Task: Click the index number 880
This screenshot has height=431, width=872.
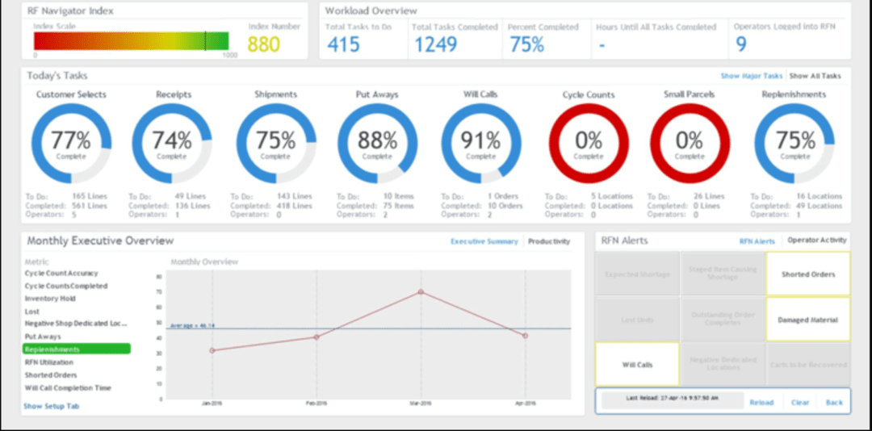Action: [264, 44]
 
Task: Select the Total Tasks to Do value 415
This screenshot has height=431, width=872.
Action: [343, 45]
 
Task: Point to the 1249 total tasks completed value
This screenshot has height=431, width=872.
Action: [435, 45]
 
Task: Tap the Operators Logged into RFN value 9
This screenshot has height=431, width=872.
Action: [741, 45]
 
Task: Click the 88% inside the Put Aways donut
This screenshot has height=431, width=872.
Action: [377, 140]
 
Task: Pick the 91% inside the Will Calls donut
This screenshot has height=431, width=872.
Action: [480, 140]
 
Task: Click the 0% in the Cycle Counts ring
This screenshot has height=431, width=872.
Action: [588, 140]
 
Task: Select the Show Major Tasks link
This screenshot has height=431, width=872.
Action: [751, 76]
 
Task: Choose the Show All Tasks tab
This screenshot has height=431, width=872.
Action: [815, 76]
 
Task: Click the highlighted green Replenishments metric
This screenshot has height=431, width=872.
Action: [76, 349]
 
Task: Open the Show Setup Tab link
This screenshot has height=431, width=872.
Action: [51, 406]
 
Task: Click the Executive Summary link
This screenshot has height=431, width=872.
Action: [484, 241]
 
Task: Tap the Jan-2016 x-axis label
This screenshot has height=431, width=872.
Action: [212, 403]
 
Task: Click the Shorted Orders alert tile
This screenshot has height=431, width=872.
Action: [807, 274]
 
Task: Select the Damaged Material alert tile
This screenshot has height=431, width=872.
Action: [807, 320]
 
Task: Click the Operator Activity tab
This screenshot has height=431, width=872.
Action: [816, 241]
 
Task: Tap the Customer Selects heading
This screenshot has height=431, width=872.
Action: [71, 94]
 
